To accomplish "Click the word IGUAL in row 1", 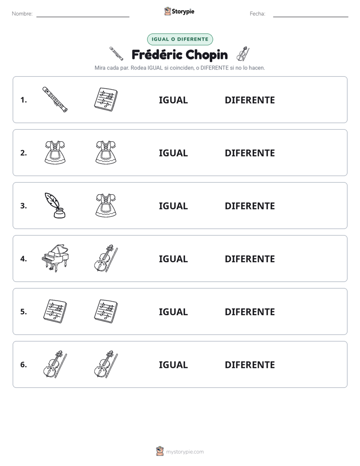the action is [x=173, y=100].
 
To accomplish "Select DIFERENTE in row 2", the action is [x=250, y=153].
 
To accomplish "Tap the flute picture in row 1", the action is [x=55, y=99].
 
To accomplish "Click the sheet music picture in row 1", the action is [x=106, y=99].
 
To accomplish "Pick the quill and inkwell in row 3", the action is [x=55, y=205].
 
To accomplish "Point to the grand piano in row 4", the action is [x=55, y=258].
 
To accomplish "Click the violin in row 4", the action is [x=106, y=258].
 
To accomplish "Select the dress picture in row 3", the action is [x=106, y=205].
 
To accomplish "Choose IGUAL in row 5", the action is [x=173, y=312].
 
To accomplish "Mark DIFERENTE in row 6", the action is [x=250, y=365].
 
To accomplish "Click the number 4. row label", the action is [x=24, y=259].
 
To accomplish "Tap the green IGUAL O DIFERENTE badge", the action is [x=180, y=39].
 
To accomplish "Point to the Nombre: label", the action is [x=22, y=14].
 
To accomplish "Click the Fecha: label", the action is [x=258, y=14].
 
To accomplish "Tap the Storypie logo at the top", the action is [x=179, y=11].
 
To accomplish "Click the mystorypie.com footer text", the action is [x=185, y=452].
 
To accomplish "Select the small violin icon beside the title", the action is [x=243, y=54].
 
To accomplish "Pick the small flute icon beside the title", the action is [x=116, y=53].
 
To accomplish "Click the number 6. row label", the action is [x=24, y=365].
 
